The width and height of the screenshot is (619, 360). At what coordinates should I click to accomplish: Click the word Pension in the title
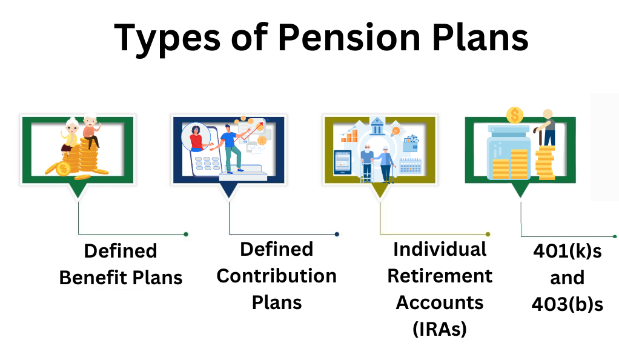[x=349, y=38]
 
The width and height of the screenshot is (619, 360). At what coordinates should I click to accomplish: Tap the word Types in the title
[x=167, y=39]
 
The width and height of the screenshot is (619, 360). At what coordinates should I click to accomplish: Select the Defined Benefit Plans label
[x=121, y=264]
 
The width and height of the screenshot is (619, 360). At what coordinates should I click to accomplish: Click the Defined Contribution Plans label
[x=277, y=276]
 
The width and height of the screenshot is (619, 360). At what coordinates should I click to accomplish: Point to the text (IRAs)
[x=440, y=328]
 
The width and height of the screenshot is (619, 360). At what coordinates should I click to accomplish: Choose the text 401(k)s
[x=568, y=251]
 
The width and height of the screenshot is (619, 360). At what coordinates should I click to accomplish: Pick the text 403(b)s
[x=568, y=304]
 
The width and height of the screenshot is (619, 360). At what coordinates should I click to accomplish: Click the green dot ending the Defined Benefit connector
[x=186, y=235]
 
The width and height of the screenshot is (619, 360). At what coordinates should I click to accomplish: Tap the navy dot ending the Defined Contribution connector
[x=337, y=235]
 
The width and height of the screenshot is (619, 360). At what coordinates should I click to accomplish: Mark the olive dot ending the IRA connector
[x=488, y=235]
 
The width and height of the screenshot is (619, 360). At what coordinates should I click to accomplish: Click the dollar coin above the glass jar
[x=515, y=115]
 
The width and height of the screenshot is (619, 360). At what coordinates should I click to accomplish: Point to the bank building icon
[x=378, y=125]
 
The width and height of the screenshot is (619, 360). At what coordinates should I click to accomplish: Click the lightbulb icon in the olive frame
[x=395, y=130]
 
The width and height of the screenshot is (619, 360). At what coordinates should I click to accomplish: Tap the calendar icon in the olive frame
[x=411, y=166]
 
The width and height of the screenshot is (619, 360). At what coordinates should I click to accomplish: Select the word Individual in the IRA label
[x=440, y=249]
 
